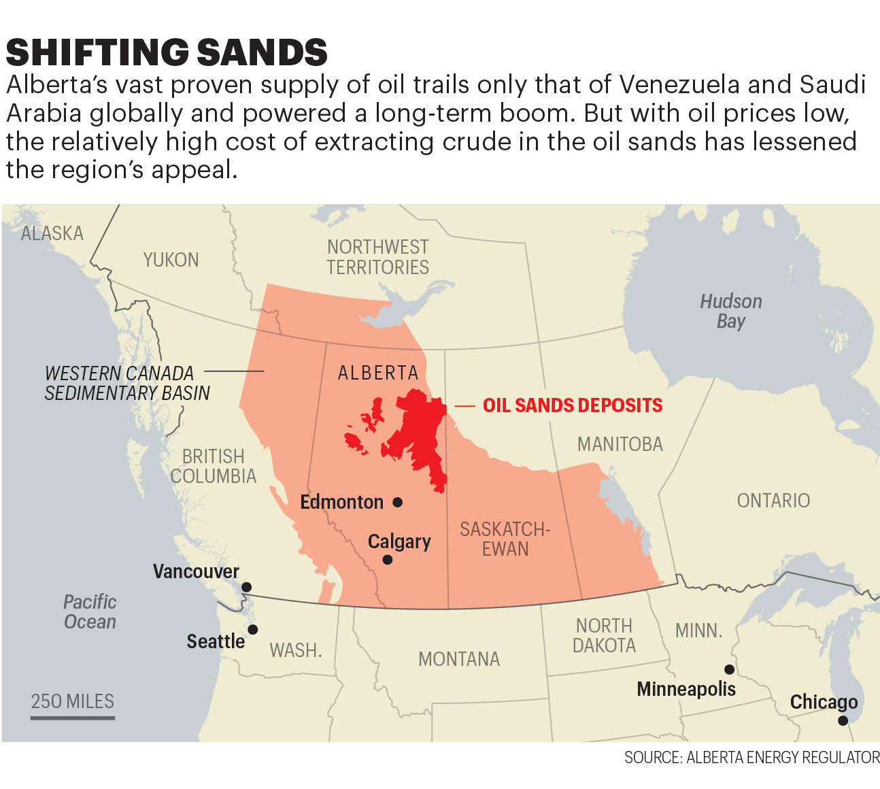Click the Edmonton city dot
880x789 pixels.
(x=398, y=502)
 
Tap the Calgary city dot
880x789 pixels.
(x=388, y=560)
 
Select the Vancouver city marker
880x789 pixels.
(x=247, y=587)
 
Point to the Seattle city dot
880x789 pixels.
(x=252, y=630)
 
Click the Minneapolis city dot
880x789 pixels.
(x=729, y=669)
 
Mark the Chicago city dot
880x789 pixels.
(x=843, y=720)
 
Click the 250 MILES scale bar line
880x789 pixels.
(x=73, y=717)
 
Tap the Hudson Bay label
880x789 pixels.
(x=731, y=311)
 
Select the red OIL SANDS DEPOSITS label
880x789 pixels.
(x=572, y=405)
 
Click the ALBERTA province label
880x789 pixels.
(x=378, y=373)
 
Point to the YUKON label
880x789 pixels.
(x=171, y=260)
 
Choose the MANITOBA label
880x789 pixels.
(x=620, y=444)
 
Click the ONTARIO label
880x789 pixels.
(x=773, y=501)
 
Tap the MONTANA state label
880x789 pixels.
(x=459, y=659)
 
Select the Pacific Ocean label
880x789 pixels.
(x=90, y=611)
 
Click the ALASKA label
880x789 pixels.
(x=52, y=233)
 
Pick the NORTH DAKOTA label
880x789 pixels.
(x=604, y=635)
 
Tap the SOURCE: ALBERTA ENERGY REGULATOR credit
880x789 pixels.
(x=751, y=758)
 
